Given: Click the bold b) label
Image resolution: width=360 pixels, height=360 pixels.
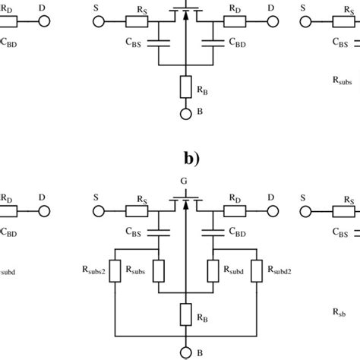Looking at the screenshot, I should [x=181, y=161].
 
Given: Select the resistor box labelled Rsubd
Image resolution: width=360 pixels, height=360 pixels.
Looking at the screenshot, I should [x=213, y=270].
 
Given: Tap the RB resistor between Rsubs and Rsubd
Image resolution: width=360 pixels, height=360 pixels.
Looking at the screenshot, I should [x=182, y=311].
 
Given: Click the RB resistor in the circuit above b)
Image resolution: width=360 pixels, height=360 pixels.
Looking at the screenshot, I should [x=182, y=87].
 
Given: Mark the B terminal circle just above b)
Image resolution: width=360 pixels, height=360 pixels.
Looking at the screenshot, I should [x=182, y=115].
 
